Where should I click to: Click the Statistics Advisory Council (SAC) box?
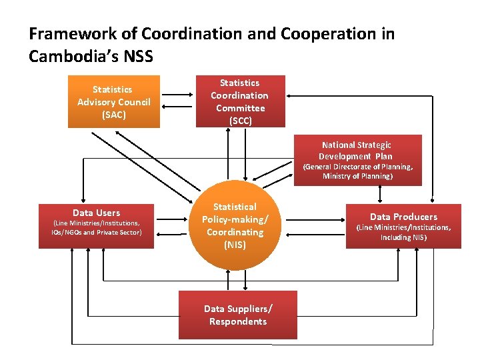[113, 101]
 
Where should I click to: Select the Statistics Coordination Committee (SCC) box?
[239, 101]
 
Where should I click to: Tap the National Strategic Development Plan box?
[357, 160]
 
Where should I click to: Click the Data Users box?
[96, 225]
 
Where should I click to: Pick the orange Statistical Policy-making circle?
[235, 227]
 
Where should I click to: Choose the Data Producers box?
[403, 225]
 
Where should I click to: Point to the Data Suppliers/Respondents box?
[237, 315]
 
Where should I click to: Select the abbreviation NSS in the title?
[139, 57]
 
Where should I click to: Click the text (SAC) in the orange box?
[113, 115]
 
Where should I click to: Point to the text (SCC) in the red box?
[239, 121]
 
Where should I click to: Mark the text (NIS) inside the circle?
[235, 245]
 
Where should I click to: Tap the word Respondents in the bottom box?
[237, 321]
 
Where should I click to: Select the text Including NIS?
[403, 237]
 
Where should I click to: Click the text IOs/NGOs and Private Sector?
[96, 233]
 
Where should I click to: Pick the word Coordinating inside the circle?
[235, 232]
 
